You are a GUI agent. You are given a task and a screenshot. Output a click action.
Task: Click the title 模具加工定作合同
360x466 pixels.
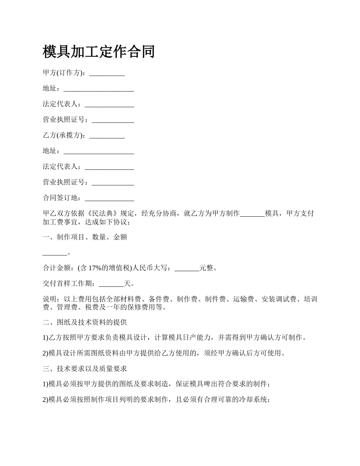[x=99, y=52]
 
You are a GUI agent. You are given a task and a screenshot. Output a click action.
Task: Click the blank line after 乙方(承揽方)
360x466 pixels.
[x=107, y=136]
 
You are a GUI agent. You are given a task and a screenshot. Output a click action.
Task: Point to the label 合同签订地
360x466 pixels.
[x=60, y=197]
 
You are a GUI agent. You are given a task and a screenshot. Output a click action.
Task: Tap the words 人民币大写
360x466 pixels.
[x=151, y=268]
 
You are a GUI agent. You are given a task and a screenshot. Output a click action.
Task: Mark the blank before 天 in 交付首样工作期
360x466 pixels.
[x=111, y=285]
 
